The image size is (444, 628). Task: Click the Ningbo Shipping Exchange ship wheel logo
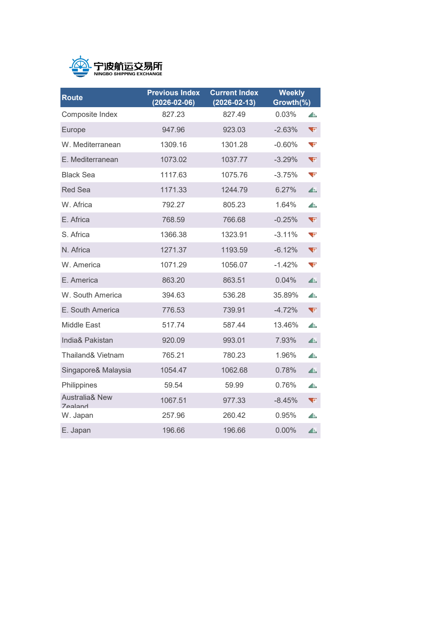[x=80, y=66]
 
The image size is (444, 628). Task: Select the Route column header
[x=72, y=97]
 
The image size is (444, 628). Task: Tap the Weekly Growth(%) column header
[x=291, y=97]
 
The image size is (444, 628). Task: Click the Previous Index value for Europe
[x=173, y=130]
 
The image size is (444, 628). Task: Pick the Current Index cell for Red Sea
[x=234, y=190]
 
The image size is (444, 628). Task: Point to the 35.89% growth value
[x=285, y=295]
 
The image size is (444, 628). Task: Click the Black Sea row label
[x=78, y=175]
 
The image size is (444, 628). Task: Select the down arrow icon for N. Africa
[x=313, y=250]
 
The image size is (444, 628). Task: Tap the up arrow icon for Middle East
[x=313, y=325]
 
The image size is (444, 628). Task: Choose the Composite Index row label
[x=90, y=114]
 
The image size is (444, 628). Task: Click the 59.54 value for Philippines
[x=173, y=385]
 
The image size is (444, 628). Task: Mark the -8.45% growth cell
[x=285, y=400]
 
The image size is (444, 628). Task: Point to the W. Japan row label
[x=78, y=415]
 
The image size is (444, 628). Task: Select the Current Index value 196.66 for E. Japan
[x=234, y=430]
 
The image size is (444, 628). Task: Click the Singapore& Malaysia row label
[x=96, y=370]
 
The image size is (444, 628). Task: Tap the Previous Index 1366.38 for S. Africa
[x=173, y=234]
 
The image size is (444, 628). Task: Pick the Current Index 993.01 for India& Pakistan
[x=234, y=340]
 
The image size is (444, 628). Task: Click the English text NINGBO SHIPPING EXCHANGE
[x=128, y=74]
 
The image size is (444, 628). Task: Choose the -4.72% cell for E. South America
[x=285, y=310]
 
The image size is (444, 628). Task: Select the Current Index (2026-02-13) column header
[x=234, y=97]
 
